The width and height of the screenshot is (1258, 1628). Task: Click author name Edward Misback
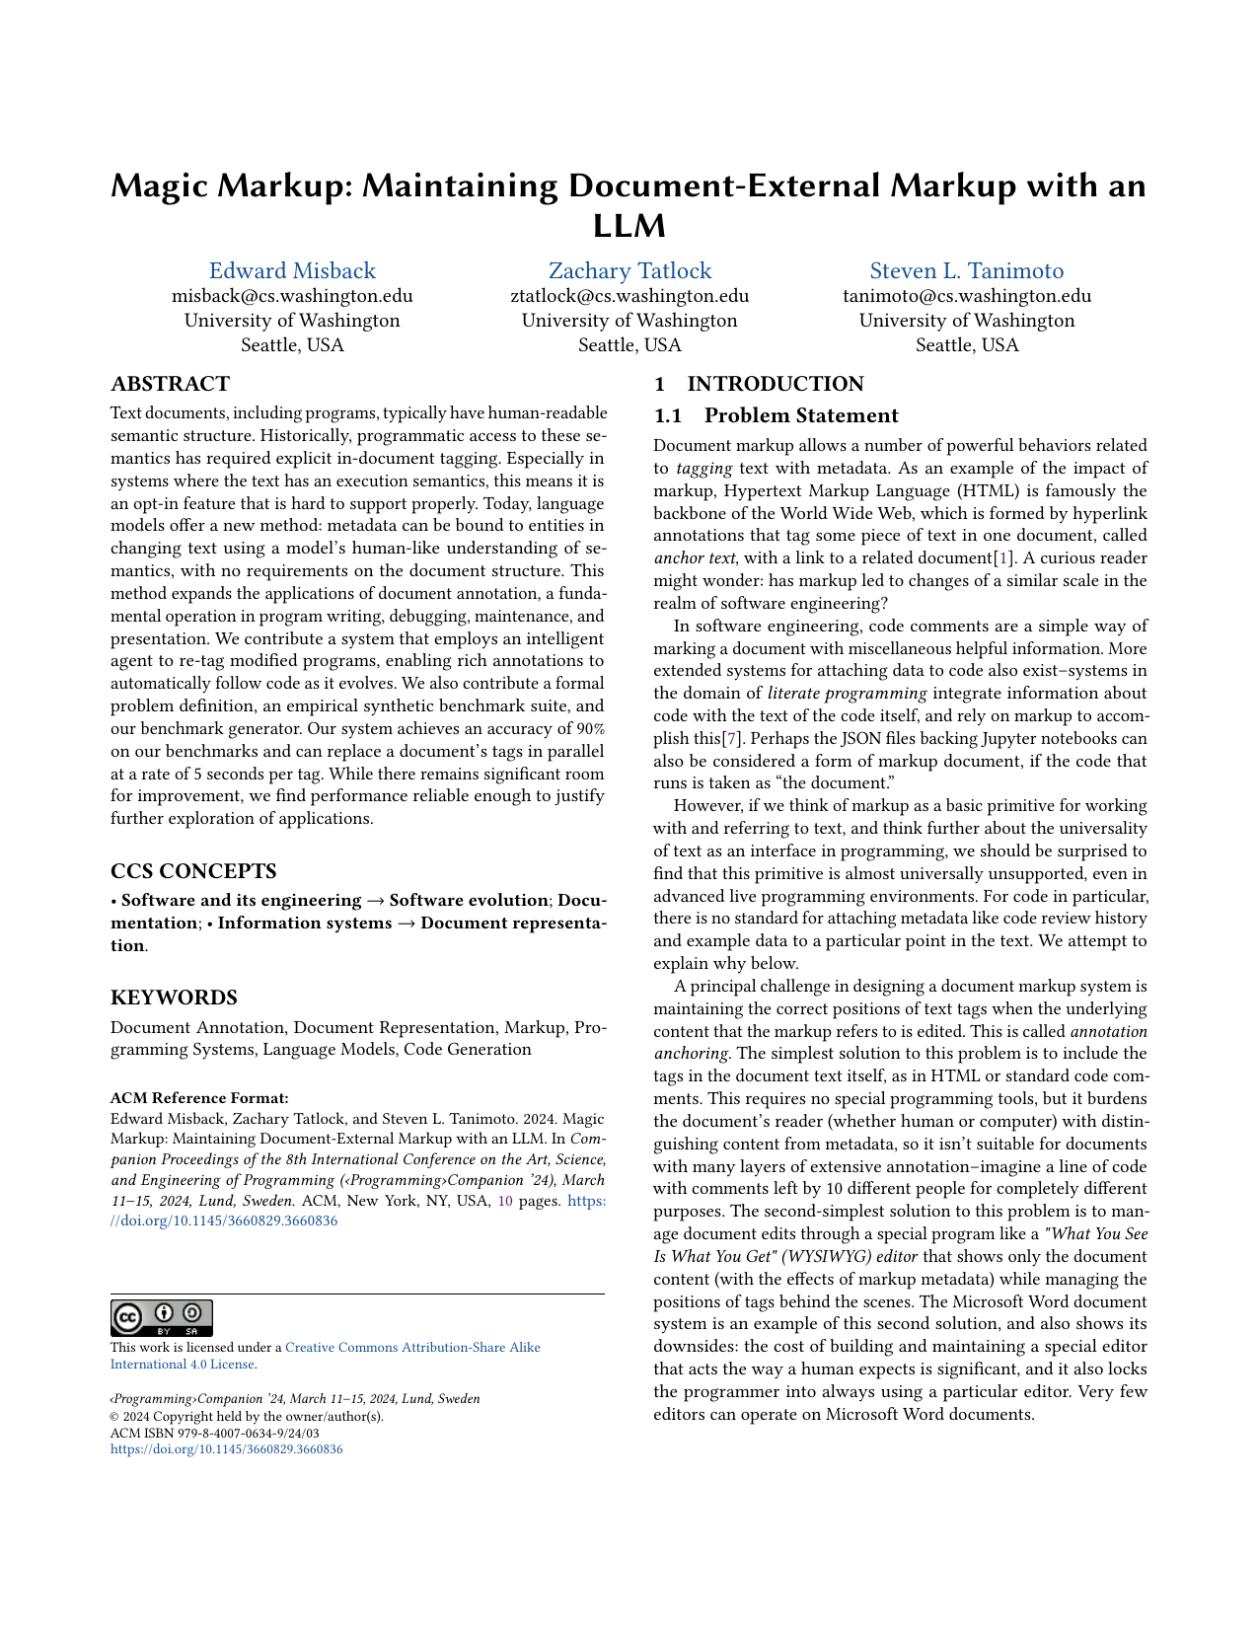[x=292, y=271]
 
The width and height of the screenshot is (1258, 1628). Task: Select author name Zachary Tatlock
[x=629, y=271]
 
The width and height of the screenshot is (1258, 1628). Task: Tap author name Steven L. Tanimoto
[x=966, y=271]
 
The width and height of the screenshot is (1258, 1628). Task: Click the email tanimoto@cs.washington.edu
[x=966, y=296]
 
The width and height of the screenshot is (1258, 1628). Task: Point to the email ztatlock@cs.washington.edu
[x=629, y=296]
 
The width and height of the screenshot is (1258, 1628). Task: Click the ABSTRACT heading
[x=170, y=384]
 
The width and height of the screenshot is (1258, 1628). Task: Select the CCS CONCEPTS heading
[x=193, y=871]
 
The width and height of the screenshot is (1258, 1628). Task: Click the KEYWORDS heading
[x=174, y=998]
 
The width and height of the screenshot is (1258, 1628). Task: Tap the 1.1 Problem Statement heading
[x=777, y=415]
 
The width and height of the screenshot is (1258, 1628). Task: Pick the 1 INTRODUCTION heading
[x=759, y=384]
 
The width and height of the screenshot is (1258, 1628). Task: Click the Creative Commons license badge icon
[x=161, y=1317]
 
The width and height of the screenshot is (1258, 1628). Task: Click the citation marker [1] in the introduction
[x=1005, y=558]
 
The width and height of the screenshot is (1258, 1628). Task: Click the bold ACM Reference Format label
[x=199, y=1098]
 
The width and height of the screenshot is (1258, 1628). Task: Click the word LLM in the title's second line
[x=629, y=226]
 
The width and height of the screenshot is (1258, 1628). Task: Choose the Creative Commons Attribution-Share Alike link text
[x=412, y=1348]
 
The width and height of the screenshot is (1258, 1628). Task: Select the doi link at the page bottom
[x=226, y=1449]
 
